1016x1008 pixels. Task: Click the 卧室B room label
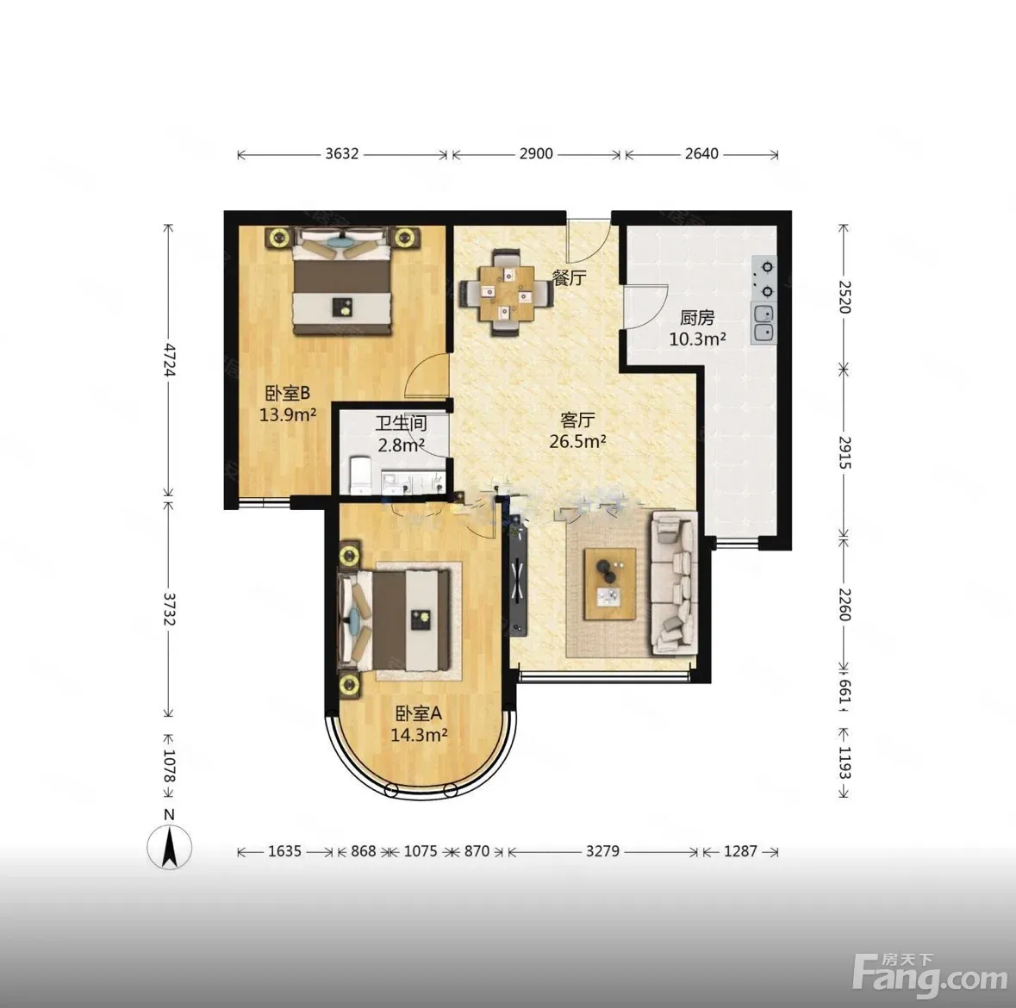pos(288,393)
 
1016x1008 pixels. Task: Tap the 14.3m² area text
pos(419,735)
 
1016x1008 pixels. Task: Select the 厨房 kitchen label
pos(697,317)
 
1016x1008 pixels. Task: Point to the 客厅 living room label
pos(577,420)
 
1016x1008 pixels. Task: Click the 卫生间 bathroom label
pos(401,424)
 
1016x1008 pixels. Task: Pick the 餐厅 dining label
pos(569,278)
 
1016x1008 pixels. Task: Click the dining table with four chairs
pos(505,293)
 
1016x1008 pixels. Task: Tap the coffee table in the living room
pos(610,583)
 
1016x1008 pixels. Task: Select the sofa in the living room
pos(675,582)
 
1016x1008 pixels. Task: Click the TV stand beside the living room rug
pos(519,576)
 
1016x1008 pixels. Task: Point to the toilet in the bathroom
pos(359,476)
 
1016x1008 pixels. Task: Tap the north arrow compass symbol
pos(169,847)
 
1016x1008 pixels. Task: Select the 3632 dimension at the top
pos(341,153)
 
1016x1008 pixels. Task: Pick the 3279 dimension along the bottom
pos(602,850)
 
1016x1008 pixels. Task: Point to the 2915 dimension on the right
pos(845,452)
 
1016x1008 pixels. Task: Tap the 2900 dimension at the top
pos(536,153)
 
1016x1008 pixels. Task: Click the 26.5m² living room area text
pos(577,442)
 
